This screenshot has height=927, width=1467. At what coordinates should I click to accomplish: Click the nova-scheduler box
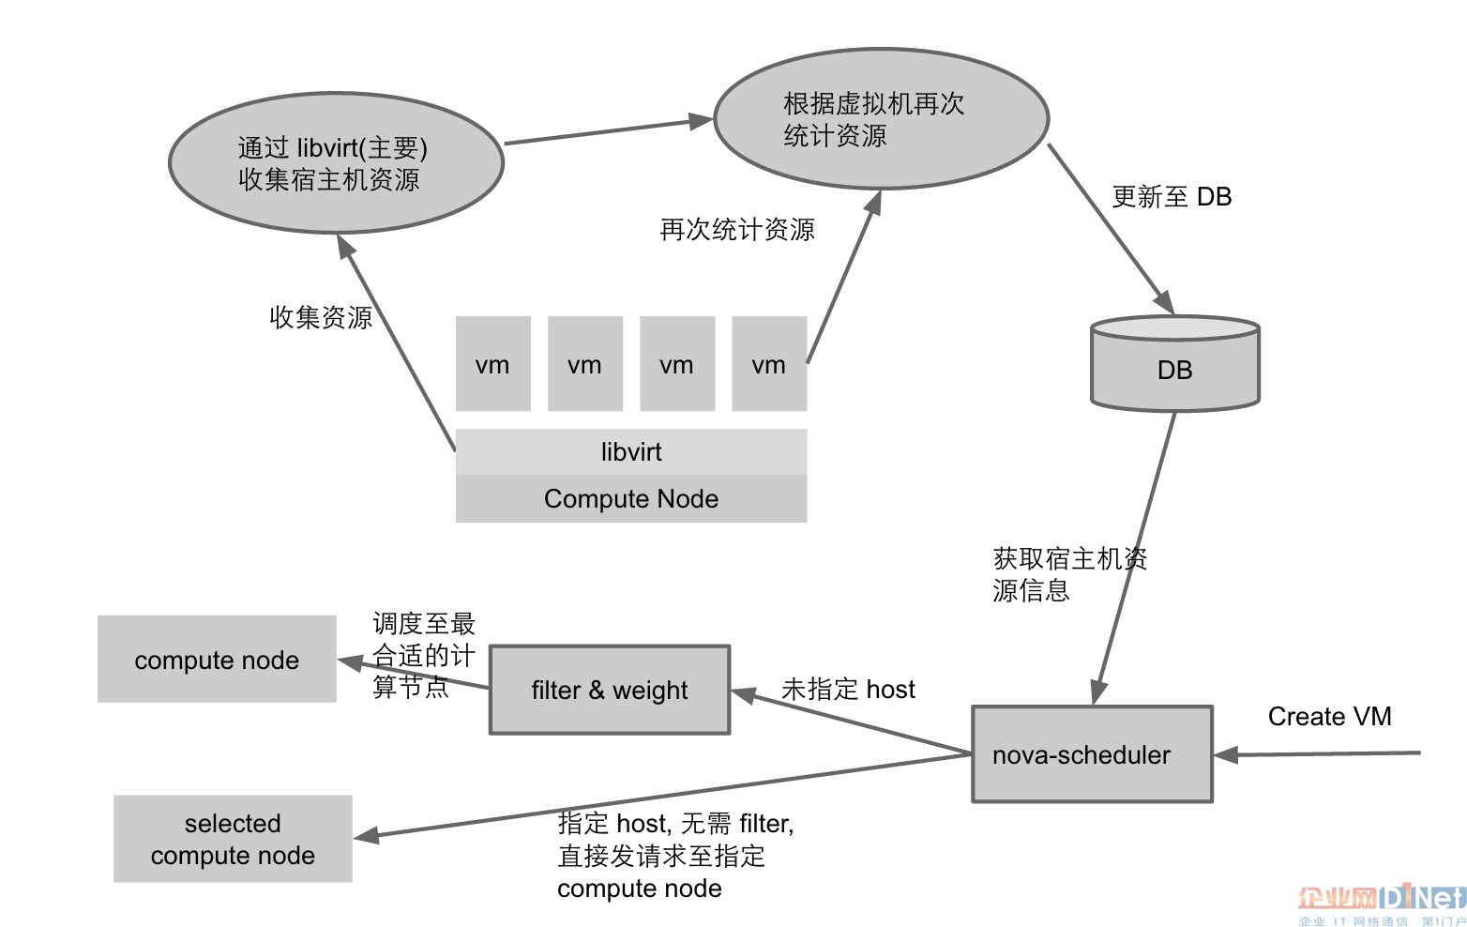(1092, 754)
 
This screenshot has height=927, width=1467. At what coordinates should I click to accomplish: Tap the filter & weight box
(610, 690)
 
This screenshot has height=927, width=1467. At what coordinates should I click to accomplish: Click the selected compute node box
(233, 839)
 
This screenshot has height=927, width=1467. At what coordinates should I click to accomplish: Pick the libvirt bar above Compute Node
(630, 452)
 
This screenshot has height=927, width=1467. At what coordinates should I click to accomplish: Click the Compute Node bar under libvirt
(630, 498)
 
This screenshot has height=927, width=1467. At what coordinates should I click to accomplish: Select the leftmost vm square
(492, 364)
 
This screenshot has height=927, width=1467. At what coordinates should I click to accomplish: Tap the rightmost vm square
(768, 364)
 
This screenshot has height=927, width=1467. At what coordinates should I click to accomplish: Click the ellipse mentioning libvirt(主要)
(336, 162)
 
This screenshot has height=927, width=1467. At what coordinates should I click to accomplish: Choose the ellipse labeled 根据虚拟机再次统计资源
(881, 119)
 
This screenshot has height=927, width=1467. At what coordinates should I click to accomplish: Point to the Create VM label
(1329, 717)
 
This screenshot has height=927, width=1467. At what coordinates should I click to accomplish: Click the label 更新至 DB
(1171, 197)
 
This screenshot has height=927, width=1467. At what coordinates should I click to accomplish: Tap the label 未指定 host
(848, 690)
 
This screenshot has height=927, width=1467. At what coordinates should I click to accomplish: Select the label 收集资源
(321, 317)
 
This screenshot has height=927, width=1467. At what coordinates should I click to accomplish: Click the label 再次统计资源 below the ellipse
(737, 230)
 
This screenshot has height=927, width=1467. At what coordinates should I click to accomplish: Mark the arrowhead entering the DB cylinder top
(1165, 303)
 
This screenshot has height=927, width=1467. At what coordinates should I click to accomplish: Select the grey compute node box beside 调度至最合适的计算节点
(217, 660)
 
